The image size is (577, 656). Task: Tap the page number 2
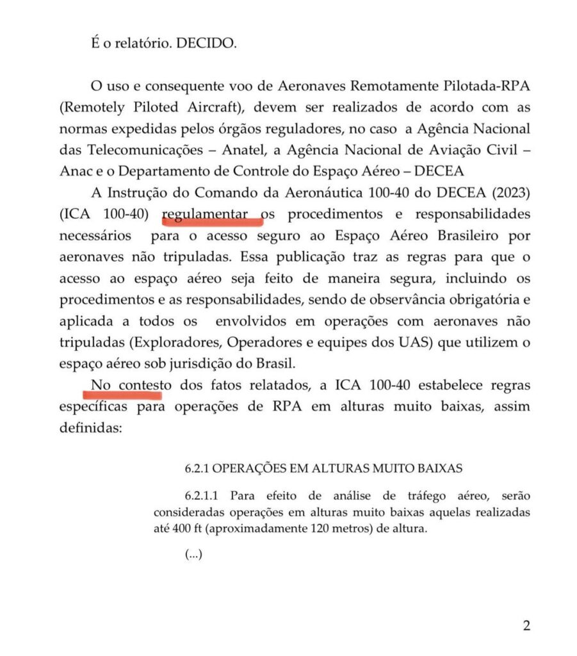pos(526,625)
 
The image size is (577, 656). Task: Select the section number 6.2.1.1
pos(202,495)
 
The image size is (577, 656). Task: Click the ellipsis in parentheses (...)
pos(193,555)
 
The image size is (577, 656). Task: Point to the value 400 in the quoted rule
pos(183,529)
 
